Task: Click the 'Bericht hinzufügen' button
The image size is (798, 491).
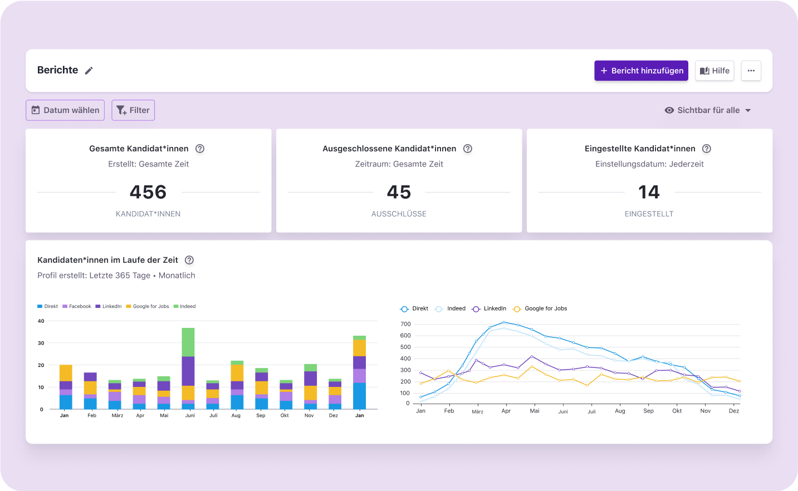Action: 641,71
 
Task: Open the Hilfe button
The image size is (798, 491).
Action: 714,71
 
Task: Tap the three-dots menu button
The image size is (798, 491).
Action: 751,71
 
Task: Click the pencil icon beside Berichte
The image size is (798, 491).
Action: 89,71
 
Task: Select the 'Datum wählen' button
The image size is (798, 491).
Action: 65,110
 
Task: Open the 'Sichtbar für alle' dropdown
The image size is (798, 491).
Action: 708,110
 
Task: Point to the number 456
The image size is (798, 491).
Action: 148,192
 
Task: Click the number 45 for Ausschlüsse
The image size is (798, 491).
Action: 399,192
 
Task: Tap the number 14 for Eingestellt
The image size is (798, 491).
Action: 649,192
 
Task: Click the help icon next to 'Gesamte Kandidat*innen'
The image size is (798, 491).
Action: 200,149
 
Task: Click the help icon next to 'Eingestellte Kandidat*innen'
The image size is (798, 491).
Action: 707,149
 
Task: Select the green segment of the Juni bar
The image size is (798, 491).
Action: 188,342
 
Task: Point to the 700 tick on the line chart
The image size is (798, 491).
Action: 405,324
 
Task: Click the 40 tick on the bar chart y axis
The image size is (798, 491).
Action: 41,321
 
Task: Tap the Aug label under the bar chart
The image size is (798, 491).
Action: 236,415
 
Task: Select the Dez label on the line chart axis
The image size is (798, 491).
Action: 734,411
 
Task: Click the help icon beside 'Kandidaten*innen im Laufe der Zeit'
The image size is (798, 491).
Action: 189,260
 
